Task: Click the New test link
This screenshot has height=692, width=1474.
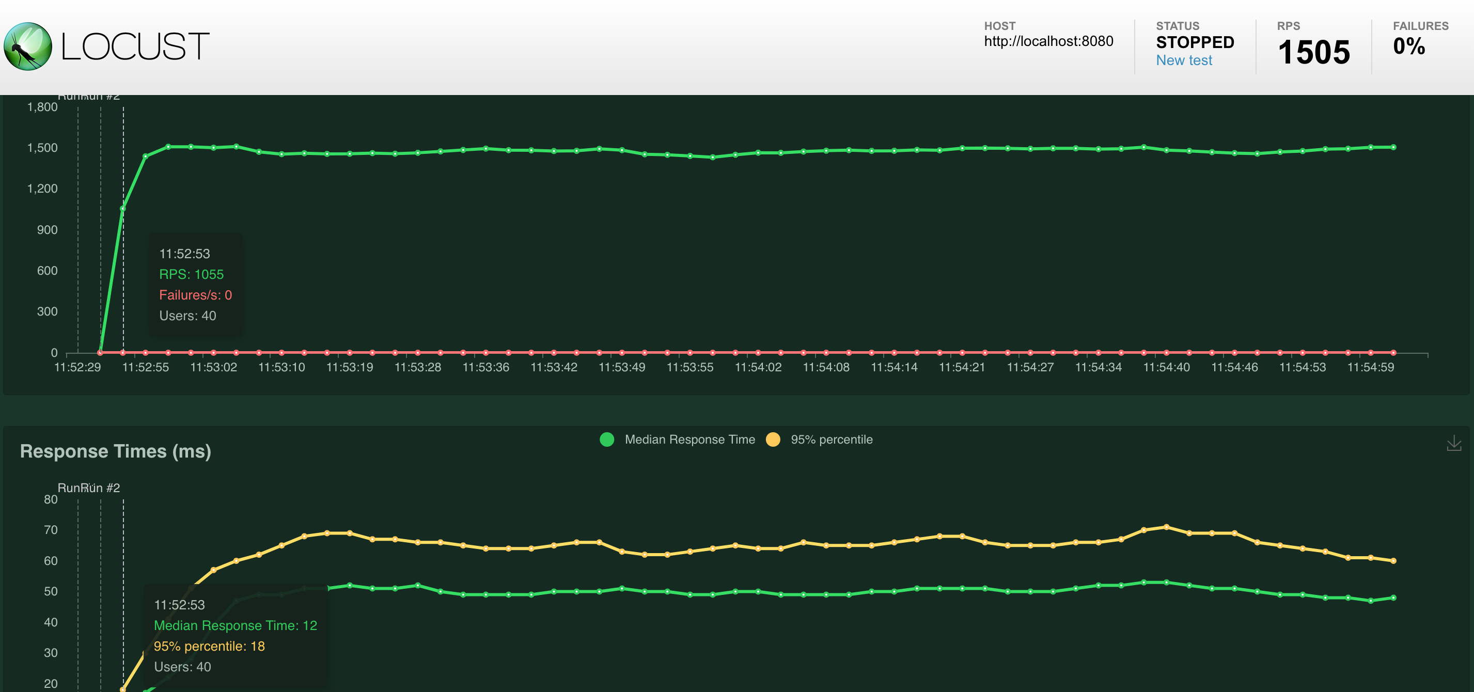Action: pos(1183,60)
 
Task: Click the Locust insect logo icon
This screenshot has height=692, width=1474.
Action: pos(27,46)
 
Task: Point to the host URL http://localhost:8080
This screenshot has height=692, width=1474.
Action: pos(1048,41)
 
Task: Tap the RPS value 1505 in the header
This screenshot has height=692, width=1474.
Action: pos(1313,52)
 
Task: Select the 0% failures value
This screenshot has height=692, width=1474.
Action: pos(1408,46)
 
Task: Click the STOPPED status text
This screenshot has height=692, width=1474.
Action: pos(1195,42)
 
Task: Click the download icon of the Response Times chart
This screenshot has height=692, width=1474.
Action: pos(1453,443)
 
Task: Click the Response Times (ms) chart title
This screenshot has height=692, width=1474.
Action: pos(116,451)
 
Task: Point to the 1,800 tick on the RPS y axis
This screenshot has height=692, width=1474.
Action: pos(42,107)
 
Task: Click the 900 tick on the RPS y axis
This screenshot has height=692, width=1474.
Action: pos(47,229)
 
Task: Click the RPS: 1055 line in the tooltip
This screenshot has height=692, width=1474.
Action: pos(191,274)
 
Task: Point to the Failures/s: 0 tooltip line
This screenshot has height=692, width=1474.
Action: pos(195,295)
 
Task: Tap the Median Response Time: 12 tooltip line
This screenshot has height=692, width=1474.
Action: pos(235,625)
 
